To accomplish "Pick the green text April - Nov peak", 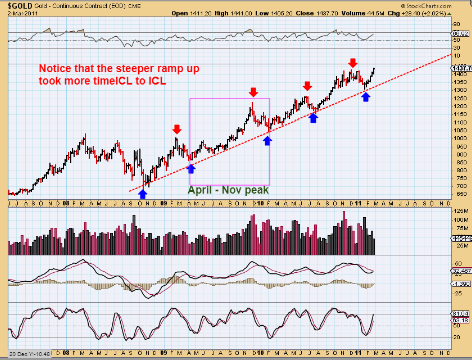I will click(x=229, y=190).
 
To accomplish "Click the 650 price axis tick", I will click(x=457, y=194).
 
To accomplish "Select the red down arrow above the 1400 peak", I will click(x=353, y=62).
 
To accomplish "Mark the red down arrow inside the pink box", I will click(x=253, y=92).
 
